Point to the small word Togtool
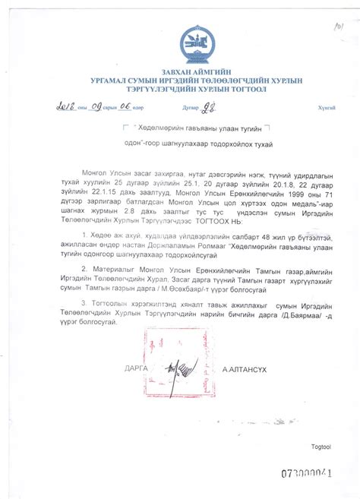[321, 447]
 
